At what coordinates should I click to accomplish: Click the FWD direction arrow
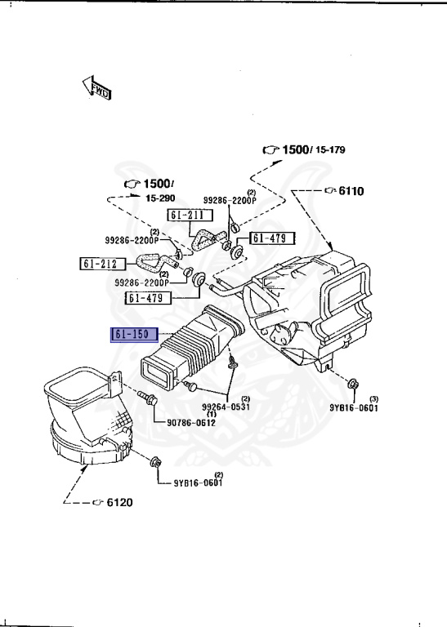click(96, 88)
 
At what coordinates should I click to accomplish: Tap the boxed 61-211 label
click(189, 216)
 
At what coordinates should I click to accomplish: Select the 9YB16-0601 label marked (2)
click(197, 482)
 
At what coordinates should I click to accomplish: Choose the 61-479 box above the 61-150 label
click(149, 297)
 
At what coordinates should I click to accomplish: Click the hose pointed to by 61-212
click(152, 264)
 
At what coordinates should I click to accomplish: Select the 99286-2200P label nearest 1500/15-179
click(230, 199)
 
